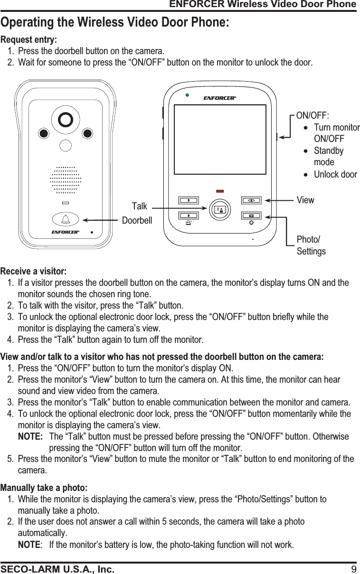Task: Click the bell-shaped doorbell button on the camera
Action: coord(65,219)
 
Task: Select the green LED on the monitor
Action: coord(188,95)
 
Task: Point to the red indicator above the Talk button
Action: coord(219,191)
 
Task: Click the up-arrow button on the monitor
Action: coord(188,200)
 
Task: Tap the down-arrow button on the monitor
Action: coord(188,215)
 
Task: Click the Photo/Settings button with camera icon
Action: coord(251,215)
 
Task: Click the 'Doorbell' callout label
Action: coord(137,221)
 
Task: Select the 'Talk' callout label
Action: coord(140,207)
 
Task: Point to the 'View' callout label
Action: coord(305,200)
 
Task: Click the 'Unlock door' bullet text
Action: coord(335,175)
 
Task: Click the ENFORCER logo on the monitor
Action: coord(219,98)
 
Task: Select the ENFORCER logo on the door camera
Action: coord(65,233)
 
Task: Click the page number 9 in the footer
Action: coord(353,569)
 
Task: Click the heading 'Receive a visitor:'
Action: coord(34,272)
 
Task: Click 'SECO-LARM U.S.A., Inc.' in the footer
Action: coord(57,569)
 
